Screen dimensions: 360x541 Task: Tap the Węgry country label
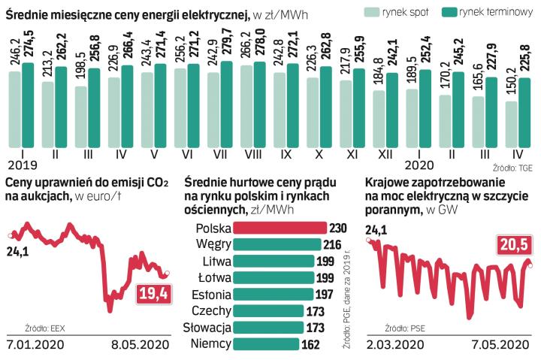tap(213, 244)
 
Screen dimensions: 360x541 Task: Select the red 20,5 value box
tap(513, 245)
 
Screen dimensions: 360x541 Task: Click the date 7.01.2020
tap(35, 344)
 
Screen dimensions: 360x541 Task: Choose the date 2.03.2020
tap(394, 344)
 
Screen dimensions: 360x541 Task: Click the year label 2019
tap(23, 163)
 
